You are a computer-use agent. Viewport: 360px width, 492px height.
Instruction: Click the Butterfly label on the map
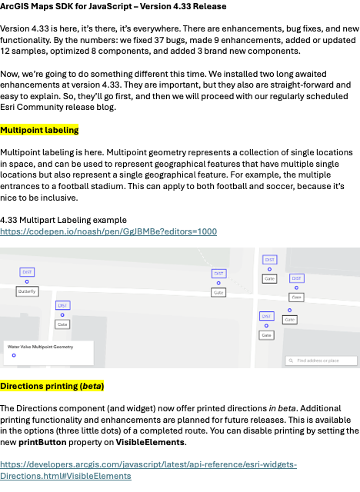[27, 291]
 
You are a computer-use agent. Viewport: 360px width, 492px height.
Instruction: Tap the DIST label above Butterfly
[27, 272]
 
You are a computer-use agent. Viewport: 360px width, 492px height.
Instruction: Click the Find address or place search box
[322, 361]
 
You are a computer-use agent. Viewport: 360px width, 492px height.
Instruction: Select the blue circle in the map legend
[14, 355]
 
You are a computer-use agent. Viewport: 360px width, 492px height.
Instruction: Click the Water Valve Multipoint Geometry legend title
[40, 347]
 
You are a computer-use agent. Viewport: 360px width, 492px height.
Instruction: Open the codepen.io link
[108, 231]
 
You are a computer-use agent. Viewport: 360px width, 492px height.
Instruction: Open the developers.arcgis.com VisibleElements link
[148, 470]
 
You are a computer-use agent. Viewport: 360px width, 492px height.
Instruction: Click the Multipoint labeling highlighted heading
[39, 130]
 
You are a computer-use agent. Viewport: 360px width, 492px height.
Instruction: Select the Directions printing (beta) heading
[52, 386]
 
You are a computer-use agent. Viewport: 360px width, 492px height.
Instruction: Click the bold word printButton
[42, 443]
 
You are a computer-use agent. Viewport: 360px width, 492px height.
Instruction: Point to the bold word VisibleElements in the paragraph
[150, 443]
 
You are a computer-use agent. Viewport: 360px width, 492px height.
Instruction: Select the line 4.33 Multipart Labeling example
[63, 220]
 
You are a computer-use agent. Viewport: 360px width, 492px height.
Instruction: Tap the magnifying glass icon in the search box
[291, 361]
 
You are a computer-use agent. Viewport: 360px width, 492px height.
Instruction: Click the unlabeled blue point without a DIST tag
[290, 311]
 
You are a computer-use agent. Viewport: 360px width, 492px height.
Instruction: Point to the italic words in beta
[282, 408]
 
